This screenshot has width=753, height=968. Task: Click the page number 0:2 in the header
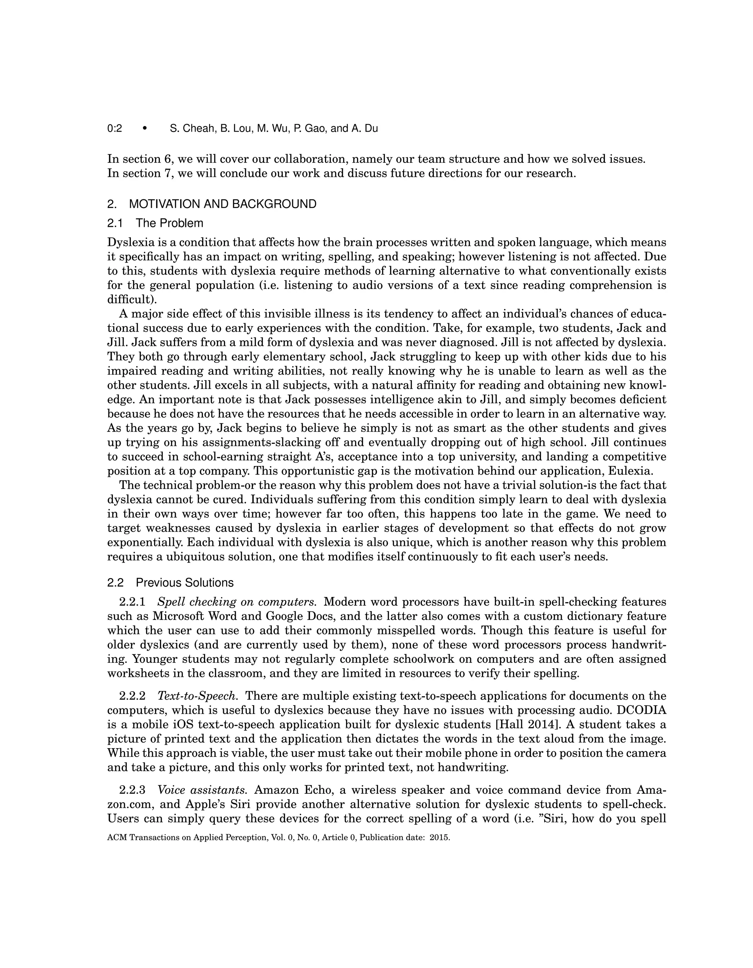tap(114, 129)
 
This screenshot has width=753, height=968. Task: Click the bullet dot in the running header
tap(144, 129)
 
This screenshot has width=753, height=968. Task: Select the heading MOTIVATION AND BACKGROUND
tap(222, 204)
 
